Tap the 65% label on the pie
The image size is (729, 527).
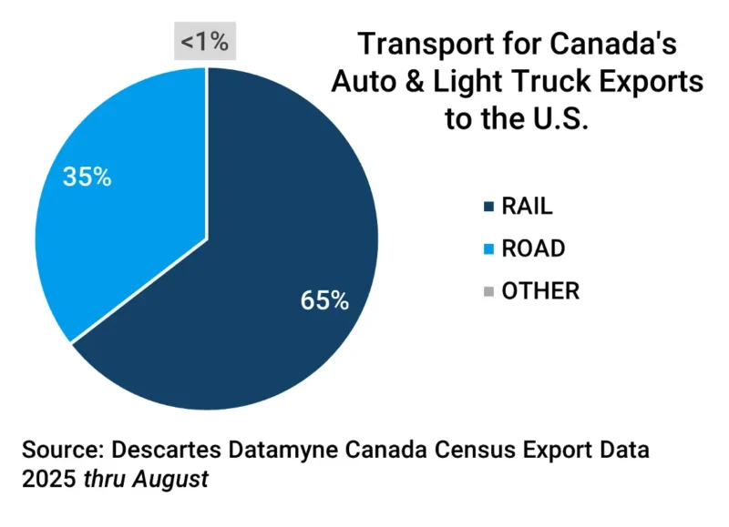coord(325,300)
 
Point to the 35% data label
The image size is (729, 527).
coord(87,177)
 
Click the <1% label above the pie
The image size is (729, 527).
coord(205,42)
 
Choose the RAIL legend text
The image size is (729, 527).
coord(527,206)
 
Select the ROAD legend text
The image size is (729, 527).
coord(533,248)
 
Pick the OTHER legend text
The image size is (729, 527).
coord(540,290)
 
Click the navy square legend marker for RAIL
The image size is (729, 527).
coord(490,207)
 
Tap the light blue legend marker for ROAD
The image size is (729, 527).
coord(490,249)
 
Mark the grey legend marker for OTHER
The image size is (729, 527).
coord(490,291)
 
